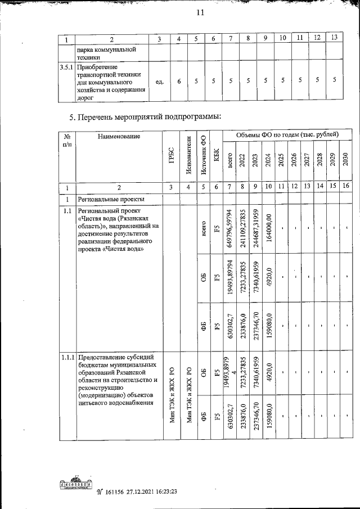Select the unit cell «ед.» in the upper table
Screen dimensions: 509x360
click(159, 82)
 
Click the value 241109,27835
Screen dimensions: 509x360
click(243, 229)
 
